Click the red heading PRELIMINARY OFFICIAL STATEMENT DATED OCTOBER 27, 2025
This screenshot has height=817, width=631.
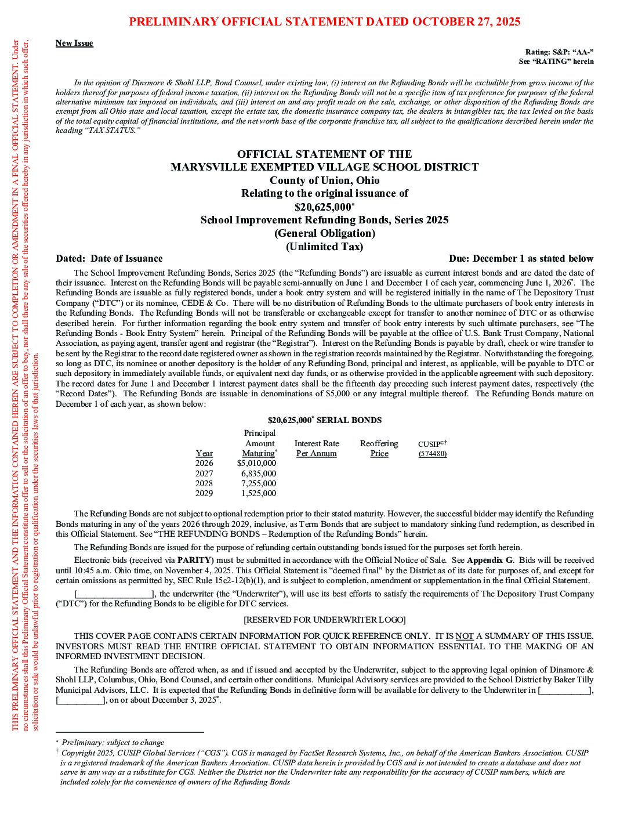click(x=324, y=22)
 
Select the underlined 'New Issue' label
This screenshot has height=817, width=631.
click(x=74, y=43)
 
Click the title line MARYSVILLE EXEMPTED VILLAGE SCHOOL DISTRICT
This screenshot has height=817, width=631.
click(x=324, y=167)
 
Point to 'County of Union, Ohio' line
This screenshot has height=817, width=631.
click(x=324, y=180)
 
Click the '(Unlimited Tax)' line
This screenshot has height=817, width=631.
click(x=324, y=247)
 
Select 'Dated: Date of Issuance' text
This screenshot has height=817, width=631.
click(x=109, y=259)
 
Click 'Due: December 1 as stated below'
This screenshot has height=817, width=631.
click(x=521, y=259)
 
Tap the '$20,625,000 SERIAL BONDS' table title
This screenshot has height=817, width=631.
click(x=324, y=420)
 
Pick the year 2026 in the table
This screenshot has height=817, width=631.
click(x=204, y=463)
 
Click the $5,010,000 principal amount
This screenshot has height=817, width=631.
click(x=256, y=463)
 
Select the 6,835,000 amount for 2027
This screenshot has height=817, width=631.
click(x=259, y=473)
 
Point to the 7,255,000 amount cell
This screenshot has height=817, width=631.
click(x=259, y=483)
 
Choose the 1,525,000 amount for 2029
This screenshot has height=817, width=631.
click(x=259, y=494)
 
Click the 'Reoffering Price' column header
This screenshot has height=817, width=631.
click(x=379, y=449)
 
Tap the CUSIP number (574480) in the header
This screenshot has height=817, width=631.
click(x=432, y=454)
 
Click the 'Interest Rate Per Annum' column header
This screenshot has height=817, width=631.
click(x=316, y=449)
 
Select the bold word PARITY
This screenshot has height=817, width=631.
click(x=190, y=560)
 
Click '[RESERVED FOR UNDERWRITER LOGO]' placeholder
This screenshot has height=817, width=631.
click(x=324, y=620)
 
